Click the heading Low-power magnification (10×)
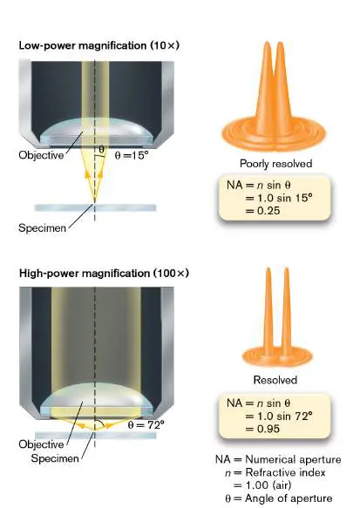coord(98,45)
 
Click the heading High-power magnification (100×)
coord(104,273)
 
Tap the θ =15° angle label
coord(132,155)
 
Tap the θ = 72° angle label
coord(146,424)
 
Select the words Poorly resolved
coord(275,164)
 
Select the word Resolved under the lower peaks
coord(275,380)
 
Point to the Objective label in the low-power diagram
coord(41,155)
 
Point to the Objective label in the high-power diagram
coord(41,444)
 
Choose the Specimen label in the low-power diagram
coord(42,228)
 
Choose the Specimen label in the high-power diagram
coord(55,458)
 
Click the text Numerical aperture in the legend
coord(293,459)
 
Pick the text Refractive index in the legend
coord(285,472)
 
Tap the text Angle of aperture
coord(289,498)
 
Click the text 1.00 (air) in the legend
coord(268,485)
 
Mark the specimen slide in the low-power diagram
coord(95,207)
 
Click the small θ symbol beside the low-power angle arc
coord(101,150)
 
